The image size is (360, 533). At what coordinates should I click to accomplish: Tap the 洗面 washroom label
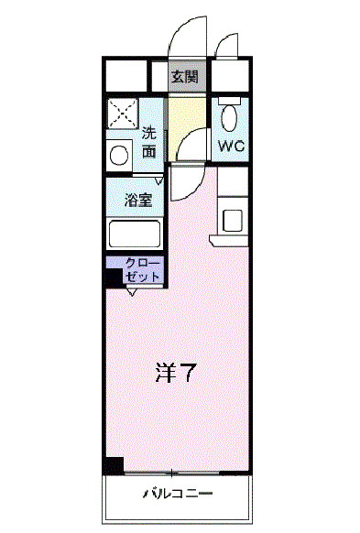point(148,142)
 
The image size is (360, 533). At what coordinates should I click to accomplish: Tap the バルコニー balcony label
point(178,495)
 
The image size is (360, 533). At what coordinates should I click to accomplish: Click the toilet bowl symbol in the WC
point(229,116)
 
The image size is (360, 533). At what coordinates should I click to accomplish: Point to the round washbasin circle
point(118,155)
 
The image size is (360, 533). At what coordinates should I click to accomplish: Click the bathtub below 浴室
point(135,234)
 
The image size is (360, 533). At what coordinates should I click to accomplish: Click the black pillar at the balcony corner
point(113,466)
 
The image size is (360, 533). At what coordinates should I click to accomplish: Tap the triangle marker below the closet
point(132,292)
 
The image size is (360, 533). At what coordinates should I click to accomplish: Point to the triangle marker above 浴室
point(158,179)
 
